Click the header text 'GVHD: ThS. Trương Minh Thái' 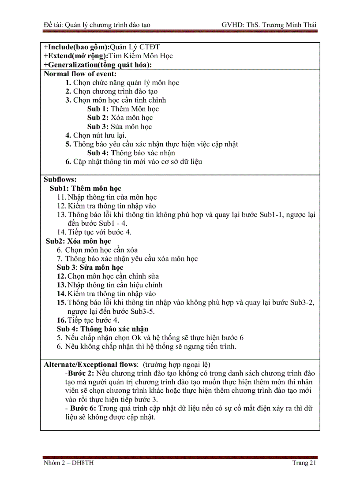269,25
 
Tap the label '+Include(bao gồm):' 76,47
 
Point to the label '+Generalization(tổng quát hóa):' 97,65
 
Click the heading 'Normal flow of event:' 80,74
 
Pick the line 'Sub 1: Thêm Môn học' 123,109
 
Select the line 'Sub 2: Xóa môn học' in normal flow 120,118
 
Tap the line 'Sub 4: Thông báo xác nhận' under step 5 131,153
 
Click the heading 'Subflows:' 60,179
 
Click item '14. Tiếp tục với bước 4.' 94,232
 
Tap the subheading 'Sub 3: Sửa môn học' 90,268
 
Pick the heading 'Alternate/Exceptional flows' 90,365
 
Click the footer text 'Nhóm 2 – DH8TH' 68,463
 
